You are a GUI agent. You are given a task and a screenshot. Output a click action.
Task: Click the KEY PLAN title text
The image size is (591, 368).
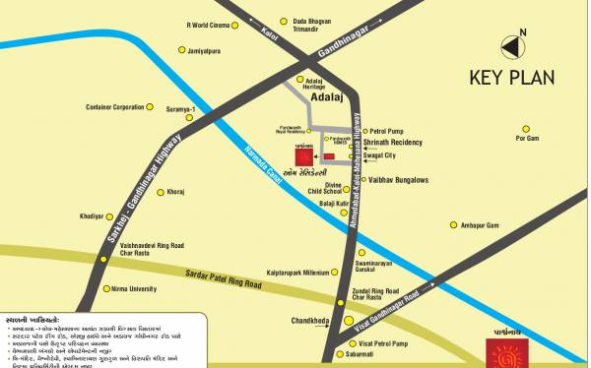511,78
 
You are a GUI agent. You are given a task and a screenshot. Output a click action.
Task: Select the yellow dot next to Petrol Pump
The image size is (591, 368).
361,130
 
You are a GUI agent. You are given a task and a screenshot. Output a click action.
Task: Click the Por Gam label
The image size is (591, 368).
528,139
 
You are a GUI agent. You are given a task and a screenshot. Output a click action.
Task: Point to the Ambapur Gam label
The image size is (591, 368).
480,225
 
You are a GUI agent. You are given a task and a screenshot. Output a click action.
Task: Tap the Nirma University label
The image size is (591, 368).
128,289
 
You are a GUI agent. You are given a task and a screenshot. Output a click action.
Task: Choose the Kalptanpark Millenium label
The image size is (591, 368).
295,272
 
